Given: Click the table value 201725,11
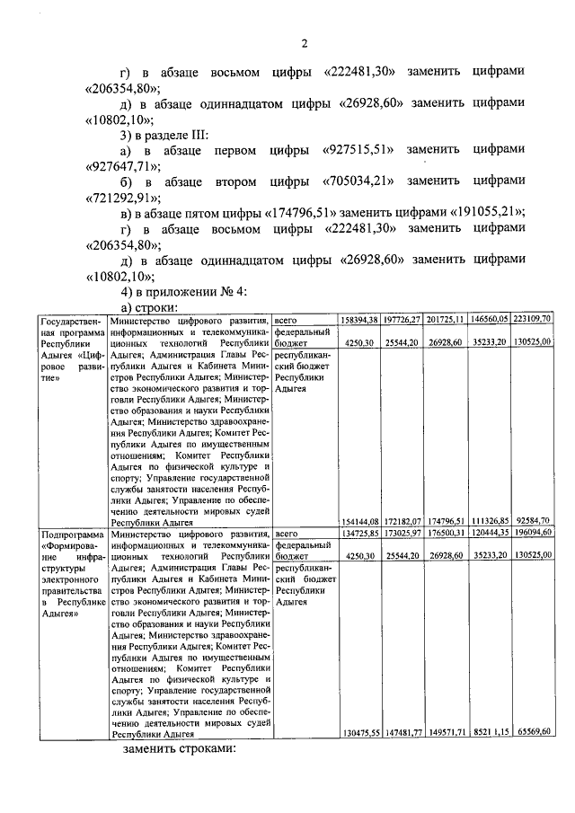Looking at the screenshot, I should pos(447,320).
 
